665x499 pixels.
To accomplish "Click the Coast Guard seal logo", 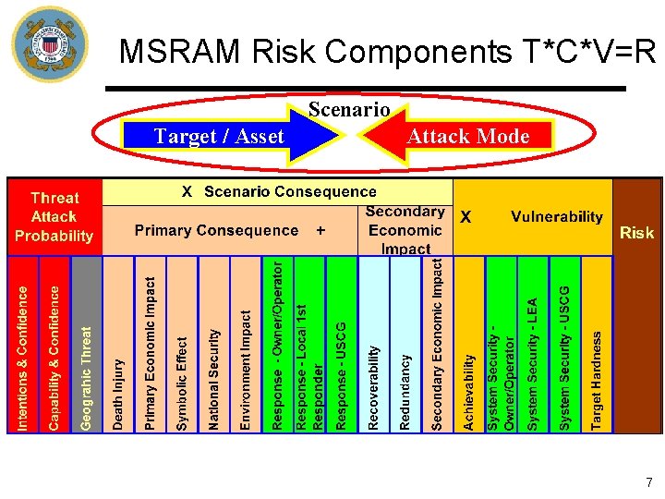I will (49, 44).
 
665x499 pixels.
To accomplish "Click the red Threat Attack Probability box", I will (54, 217).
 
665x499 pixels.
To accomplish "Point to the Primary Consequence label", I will (216, 230).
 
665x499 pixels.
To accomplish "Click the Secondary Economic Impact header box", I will (405, 230).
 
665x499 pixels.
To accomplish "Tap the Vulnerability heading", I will (556, 217).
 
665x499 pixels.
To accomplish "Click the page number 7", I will (648, 482).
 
